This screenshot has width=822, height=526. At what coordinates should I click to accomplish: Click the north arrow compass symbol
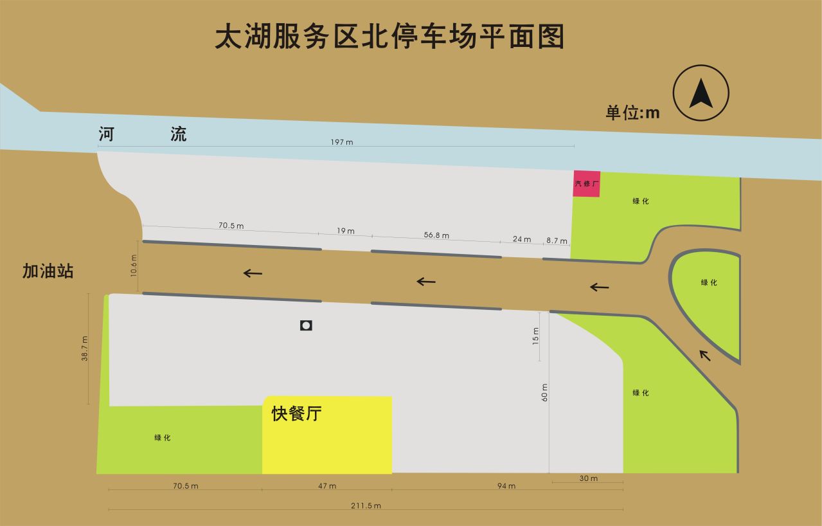(x=701, y=93)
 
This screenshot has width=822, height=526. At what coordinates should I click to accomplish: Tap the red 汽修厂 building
(x=587, y=184)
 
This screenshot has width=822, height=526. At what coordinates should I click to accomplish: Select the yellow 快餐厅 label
(x=296, y=414)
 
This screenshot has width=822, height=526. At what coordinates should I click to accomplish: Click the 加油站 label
(x=48, y=271)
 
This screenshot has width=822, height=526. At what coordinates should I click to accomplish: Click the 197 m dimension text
(x=342, y=142)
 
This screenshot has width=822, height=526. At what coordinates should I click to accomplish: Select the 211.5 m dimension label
(x=366, y=505)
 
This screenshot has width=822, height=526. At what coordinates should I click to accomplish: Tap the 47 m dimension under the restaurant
(x=327, y=485)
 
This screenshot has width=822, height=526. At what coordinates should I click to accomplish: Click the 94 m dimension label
(x=506, y=485)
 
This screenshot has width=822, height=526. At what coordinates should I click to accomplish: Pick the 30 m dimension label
(x=589, y=478)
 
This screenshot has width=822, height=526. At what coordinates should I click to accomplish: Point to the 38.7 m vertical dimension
(x=84, y=349)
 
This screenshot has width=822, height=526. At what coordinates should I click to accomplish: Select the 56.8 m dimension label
(x=436, y=235)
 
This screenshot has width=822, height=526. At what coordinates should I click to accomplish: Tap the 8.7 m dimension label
(x=557, y=240)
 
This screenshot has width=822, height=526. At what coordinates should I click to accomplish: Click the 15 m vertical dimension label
(x=536, y=336)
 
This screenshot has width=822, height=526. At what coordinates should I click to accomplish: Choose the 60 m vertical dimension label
(x=545, y=392)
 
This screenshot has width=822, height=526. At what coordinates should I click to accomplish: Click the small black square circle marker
(x=306, y=325)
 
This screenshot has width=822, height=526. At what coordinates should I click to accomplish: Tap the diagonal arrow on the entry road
(x=705, y=354)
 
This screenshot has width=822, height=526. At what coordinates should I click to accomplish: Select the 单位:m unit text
(x=632, y=113)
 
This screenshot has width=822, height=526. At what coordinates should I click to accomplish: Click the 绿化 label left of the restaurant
(x=163, y=438)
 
